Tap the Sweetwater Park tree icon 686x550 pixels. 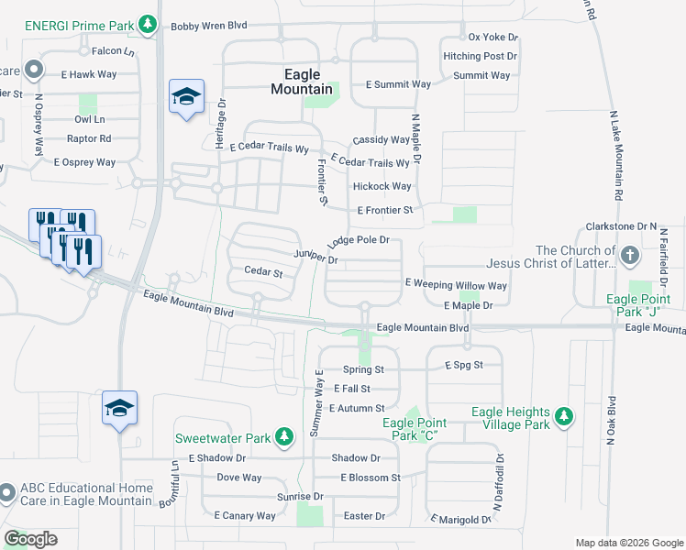click(x=284, y=436)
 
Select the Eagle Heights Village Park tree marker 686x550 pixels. click(x=564, y=417)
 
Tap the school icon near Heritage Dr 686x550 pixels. click(x=186, y=96)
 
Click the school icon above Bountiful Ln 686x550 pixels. click(x=119, y=408)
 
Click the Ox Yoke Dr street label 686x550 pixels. click(x=493, y=38)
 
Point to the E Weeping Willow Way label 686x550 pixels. click(x=455, y=285)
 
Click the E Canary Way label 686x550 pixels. click(x=245, y=516)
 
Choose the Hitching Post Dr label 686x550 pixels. click(x=481, y=56)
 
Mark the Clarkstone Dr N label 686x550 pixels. click(x=622, y=226)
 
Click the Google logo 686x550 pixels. click(x=30, y=539)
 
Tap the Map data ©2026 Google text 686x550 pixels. click(x=628, y=543)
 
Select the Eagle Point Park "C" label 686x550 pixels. click(x=415, y=428)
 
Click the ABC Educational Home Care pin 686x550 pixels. click(x=6, y=493)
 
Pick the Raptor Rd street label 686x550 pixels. click(x=89, y=138)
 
